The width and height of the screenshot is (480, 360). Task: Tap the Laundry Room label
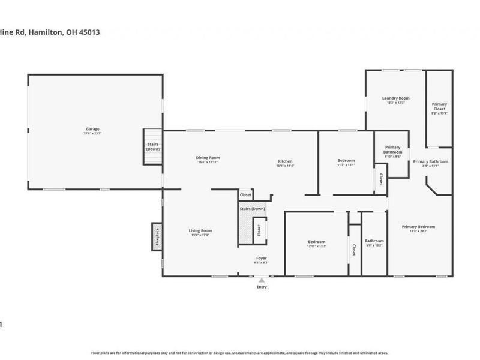tap(395, 98)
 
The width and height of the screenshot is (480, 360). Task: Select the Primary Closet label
tap(439, 106)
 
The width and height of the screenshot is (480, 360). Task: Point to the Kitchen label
tap(285, 161)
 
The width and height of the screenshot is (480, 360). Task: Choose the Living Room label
tap(200, 230)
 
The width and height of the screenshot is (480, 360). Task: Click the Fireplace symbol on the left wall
tap(156, 235)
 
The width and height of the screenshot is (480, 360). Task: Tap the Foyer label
tap(262, 258)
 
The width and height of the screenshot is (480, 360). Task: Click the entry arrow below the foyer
tap(262, 280)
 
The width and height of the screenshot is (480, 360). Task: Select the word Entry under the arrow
tap(262, 287)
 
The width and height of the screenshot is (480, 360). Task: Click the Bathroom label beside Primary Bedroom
tap(374, 241)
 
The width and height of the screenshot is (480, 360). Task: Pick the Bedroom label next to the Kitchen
tap(346, 160)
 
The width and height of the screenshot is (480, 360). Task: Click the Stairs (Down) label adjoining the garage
tap(153, 146)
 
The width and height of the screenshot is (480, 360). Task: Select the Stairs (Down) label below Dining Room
tap(252, 208)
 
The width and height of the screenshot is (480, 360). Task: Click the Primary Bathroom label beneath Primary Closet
tap(430, 161)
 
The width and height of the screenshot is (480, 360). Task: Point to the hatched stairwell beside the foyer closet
tap(245, 228)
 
